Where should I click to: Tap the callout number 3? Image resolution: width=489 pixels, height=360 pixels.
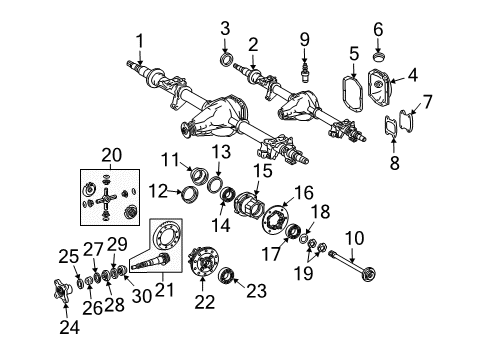coord(225,26)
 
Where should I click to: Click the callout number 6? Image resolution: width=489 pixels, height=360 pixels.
coord(378,27)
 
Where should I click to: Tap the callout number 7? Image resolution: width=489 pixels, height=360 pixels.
coord(428,102)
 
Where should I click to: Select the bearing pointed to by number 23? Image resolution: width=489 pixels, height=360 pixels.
coord(227,275)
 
